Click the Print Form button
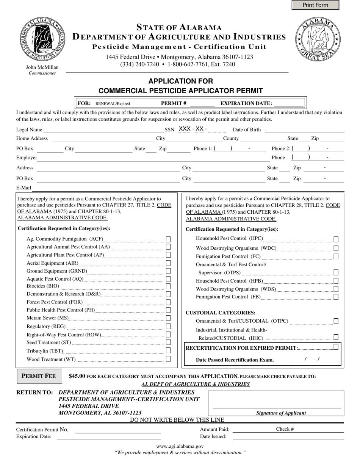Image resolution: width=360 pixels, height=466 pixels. pyautogui.click(x=315, y=5)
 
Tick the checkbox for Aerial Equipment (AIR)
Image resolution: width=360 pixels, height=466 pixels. pyautogui.click(x=168, y=263)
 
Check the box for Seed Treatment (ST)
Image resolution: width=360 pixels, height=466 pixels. pyautogui.click(x=168, y=342)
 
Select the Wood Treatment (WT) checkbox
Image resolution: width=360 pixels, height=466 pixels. pyautogui.click(x=168, y=358)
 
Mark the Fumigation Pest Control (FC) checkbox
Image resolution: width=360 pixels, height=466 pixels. pyautogui.click(x=336, y=256)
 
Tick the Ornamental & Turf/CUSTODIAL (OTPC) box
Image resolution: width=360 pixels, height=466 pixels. pyautogui.click(x=336, y=321)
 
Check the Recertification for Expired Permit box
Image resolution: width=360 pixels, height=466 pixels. pyautogui.click(x=336, y=347)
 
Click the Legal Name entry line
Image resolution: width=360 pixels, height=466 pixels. pyautogui.click(x=102, y=130)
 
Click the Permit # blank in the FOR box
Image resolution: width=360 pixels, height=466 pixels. pyautogui.click(x=202, y=103)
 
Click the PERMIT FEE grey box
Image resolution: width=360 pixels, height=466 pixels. pyautogui.click(x=39, y=376)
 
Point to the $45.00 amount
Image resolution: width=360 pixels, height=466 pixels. pyautogui.click(x=77, y=376)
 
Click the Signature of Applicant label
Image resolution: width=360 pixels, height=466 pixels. pyautogui.click(x=281, y=413)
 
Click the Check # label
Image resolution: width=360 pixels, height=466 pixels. pyautogui.click(x=285, y=429)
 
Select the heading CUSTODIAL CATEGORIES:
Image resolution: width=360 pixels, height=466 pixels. pyautogui.click(x=221, y=313)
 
